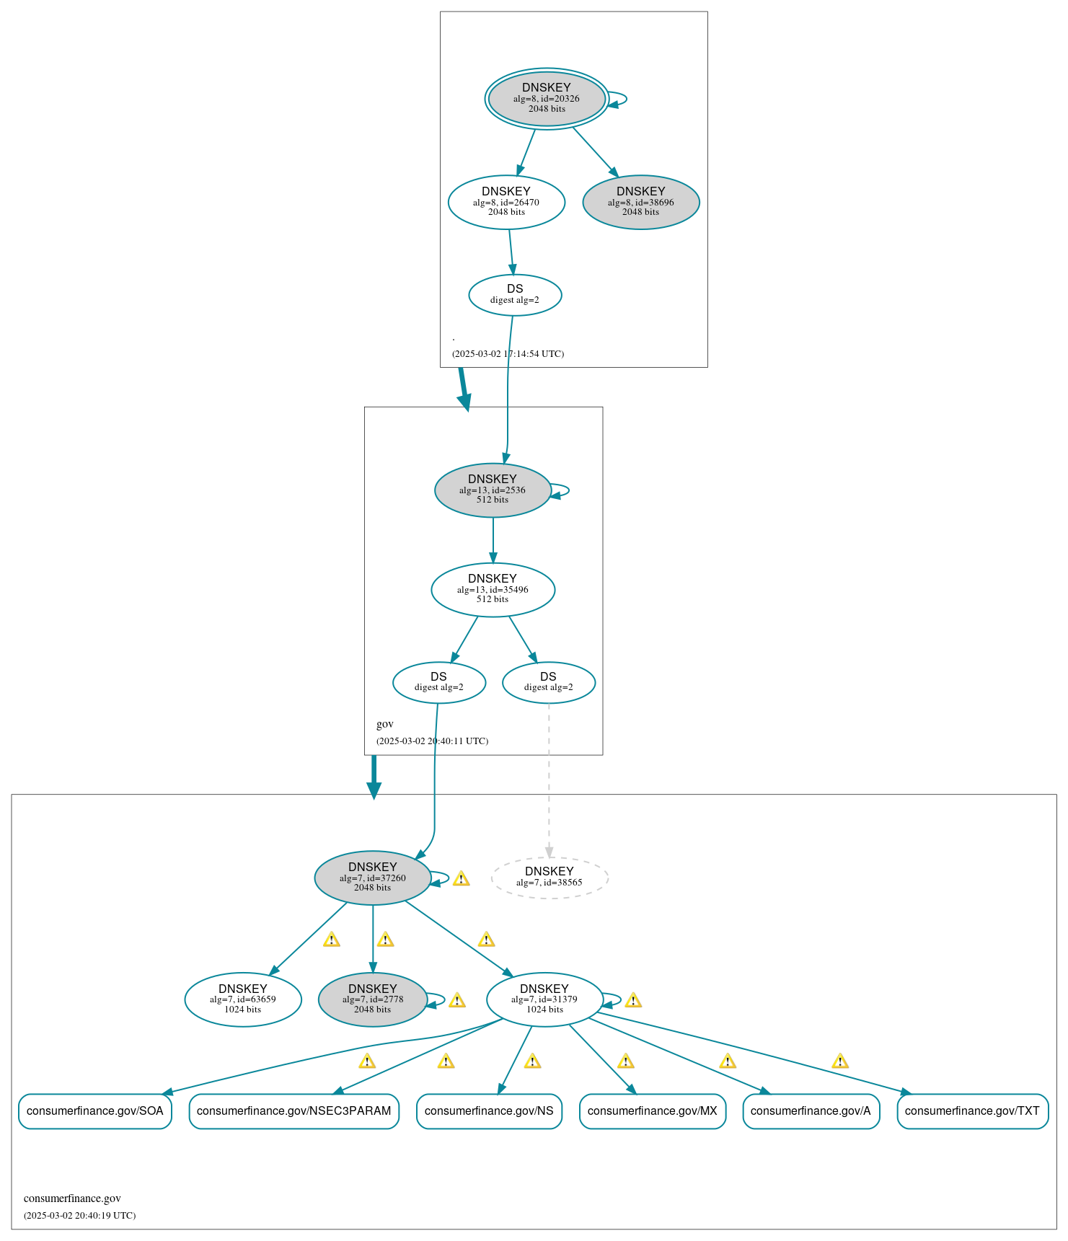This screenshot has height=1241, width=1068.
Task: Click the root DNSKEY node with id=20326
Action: pyautogui.click(x=546, y=98)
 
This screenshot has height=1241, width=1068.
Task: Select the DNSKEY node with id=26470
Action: pyautogui.click(x=506, y=202)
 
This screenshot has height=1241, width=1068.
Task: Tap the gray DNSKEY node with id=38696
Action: pyautogui.click(x=640, y=202)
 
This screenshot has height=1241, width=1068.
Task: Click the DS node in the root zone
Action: pyautogui.click(x=515, y=294)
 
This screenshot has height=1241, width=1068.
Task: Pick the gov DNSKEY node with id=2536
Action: pyautogui.click(x=493, y=490)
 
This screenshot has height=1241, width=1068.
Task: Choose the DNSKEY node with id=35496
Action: pyautogui.click(x=493, y=589)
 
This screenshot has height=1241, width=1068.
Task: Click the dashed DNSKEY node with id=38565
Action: pyautogui.click(x=550, y=878)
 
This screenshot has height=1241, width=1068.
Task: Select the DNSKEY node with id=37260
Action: pyautogui.click(x=372, y=877)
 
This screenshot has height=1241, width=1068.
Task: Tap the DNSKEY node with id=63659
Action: pyautogui.click(x=243, y=999)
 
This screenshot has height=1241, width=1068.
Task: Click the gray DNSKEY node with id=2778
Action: pyautogui.click(x=372, y=999)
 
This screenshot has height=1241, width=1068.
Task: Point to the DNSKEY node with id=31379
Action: pyautogui.click(x=544, y=999)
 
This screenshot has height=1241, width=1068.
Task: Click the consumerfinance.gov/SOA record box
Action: pyautogui.click(x=94, y=1110)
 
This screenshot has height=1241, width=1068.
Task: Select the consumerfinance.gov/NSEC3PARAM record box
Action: pyautogui.click(x=294, y=1110)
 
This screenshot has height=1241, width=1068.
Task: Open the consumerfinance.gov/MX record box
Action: pyautogui.click(x=652, y=1110)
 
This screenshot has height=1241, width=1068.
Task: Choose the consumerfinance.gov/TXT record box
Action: pyautogui.click(x=972, y=1110)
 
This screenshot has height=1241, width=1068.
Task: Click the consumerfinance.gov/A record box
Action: pyautogui.click(x=811, y=1110)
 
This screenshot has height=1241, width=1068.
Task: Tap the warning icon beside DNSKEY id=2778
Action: pyautogui.click(x=456, y=1000)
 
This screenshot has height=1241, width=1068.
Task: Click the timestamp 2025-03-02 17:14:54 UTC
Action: pyautogui.click(x=508, y=353)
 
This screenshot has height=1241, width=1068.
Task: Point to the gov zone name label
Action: pyautogui.click(x=385, y=724)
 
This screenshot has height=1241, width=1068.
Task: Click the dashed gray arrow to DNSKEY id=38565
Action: pyautogui.click(x=549, y=779)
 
